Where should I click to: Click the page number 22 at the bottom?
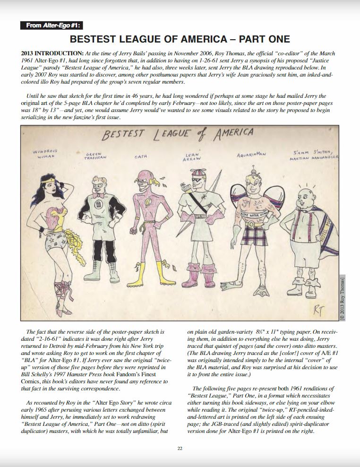pyautogui.click(x=180, y=448)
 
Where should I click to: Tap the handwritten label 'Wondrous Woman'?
pyautogui.click(x=45, y=154)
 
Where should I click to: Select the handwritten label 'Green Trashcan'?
pyautogui.click(x=97, y=156)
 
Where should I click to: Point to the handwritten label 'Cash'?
pyautogui.click(x=141, y=156)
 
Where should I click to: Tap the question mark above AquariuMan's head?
pyautogui.click(x=254, y=166)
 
